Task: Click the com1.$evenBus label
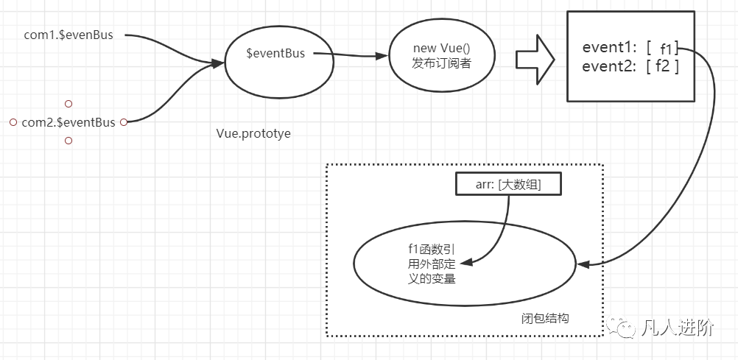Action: click(x=68, y=35)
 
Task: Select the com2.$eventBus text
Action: click(x=68, y=122)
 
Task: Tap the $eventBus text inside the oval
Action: click(x=275, y=53)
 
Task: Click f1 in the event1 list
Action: click(x=666, y=49)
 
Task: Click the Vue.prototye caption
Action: click(x=253, y=134)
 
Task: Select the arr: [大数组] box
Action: click(x=508, y=185)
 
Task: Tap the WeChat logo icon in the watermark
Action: click(x=623, y=328)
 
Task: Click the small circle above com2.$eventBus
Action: click(x=68, y=104)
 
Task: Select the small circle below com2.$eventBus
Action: click(x=68, y=140)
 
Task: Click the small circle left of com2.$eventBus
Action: click(x=13, y=122)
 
